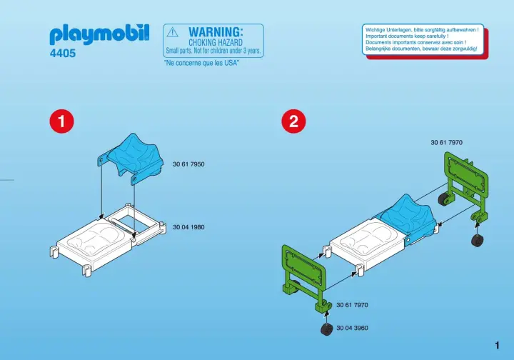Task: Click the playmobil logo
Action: pyautogui.click(x=100, y=35)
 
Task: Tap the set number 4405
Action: pyautogui.click(x=63, y=53)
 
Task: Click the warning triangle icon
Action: pyautogui.click(x=173, y=32)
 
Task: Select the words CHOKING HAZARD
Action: pyautogui.click(x=216, y=43)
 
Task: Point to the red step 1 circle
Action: pyautogui.click(x=61, y=121)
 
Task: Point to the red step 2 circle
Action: pyautogui.click(x=293, y=121)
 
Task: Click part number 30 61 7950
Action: pyautogui.click(x=188, y=164)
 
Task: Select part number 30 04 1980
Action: pyautogui.click(x=188, y=227)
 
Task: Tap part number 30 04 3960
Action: pyautogui.click(x=353, y=328)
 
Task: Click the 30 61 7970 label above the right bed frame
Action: pyautogui.click(x=446, y=142)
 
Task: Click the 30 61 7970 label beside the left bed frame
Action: pyautogui.click(x=353, y=305)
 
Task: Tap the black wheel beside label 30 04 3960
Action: pyautogui.click(x=327, y=329)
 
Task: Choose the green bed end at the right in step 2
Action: pyautogui.click(x=465, y=187)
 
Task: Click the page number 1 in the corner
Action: pyautogui.click(x=498, y=345)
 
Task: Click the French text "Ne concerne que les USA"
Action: pyautogui.click(x=201, y=63)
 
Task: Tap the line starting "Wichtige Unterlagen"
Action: pyautogui.click(x=422, y=30)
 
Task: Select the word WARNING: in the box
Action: pyautogui.click(x=216, y=32)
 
